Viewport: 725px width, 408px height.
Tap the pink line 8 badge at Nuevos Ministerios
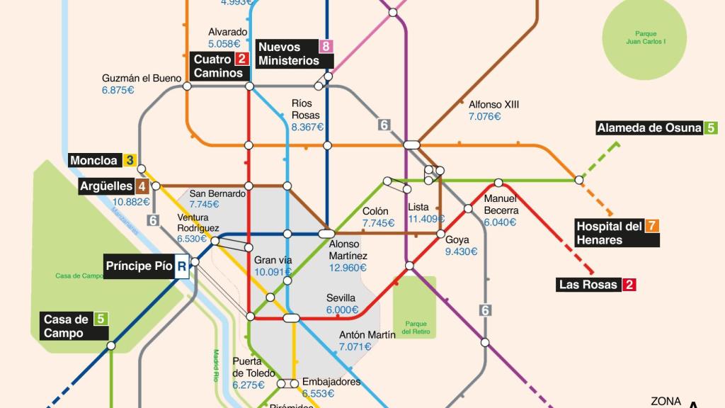tap(326, 47)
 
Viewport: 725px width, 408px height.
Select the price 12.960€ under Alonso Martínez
tap(348, 268)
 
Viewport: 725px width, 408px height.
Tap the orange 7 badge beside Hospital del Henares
tap(652, 226)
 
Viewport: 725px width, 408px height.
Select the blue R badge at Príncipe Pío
tap(182, 266)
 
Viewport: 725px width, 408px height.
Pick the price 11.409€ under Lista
tap(427, 219)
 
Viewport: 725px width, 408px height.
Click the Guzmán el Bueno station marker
tap(188, 86)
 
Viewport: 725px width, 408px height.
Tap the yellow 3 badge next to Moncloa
tap(130, 161)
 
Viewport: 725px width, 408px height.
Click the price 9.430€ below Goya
tap(461, 251)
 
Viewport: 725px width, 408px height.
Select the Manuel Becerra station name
tap(501, 205)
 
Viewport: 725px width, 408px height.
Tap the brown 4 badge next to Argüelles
tap(142, 186)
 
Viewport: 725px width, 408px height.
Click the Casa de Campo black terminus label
tap(66, 327)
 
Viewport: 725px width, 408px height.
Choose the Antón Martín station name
tap(367, 335)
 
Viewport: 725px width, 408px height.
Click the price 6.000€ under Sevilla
tap(343, 310)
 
